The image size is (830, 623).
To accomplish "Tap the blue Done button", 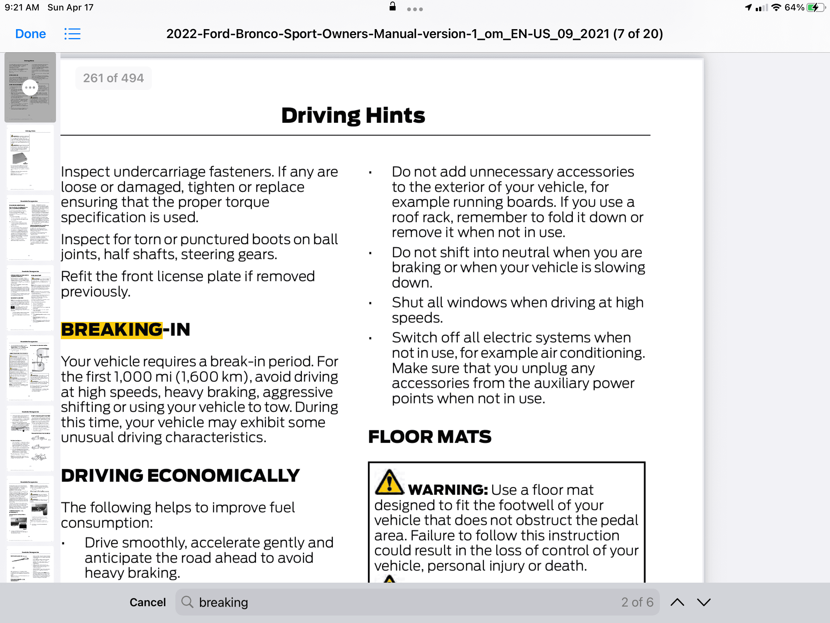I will click(30, 34).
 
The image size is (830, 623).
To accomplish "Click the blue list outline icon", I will click(72, 34).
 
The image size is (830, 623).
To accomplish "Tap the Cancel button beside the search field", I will click(147, 602).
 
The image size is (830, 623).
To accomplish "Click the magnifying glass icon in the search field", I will click(187, 602).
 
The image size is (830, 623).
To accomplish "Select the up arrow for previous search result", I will click(677, 602).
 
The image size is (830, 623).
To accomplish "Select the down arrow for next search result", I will click(704, 602).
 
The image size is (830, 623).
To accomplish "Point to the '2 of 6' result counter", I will click(637, 602).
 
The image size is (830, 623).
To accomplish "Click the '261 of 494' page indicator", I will click(113, 78).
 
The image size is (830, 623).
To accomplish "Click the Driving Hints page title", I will click(353, 115).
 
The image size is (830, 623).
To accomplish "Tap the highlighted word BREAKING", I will click(112, 330).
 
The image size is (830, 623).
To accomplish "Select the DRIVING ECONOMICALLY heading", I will click(180, 475).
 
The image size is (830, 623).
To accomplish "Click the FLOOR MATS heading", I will click(430, 437).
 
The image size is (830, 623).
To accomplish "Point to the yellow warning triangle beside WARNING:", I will click(389, 483).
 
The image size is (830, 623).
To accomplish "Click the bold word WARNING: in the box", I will click(448, 490).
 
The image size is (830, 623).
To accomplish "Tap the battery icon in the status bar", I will click(815, 7).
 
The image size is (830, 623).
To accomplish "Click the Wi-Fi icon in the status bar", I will click(776, 7).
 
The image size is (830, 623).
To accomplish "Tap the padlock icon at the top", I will click(393, 6).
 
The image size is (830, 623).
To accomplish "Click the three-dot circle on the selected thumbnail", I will click(30, 87).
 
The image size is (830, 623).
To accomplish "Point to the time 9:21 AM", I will click(22, 7).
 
